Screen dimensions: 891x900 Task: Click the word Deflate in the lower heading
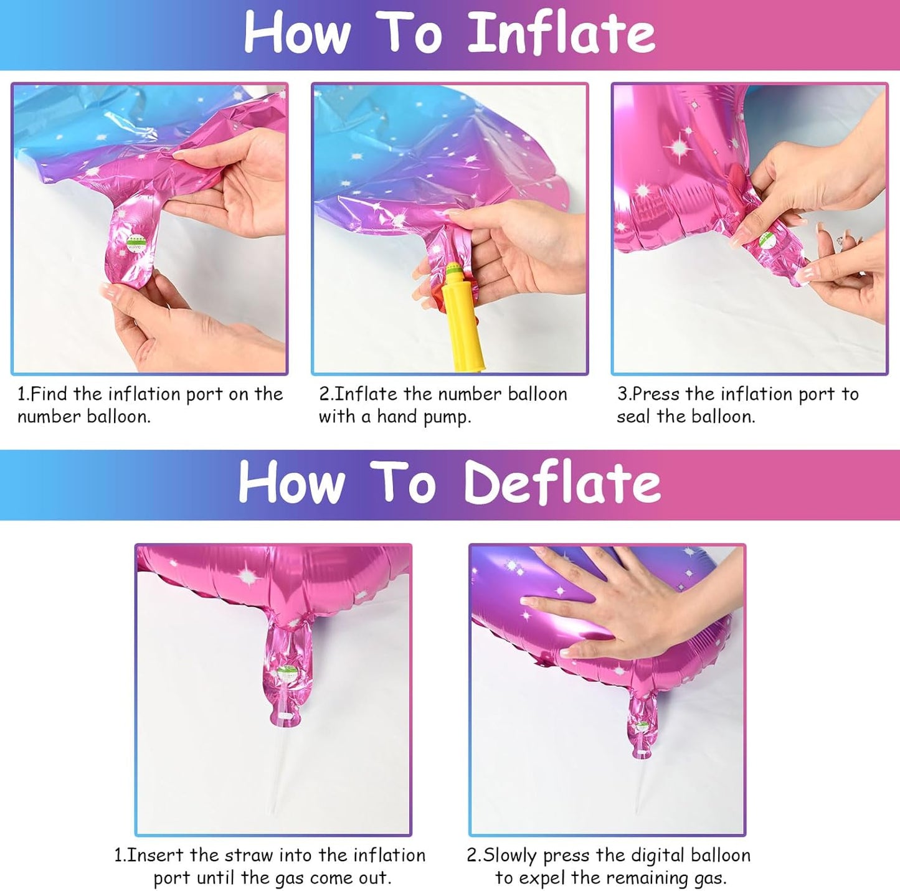coord(562,483)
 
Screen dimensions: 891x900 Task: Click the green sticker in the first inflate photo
coord(135,242)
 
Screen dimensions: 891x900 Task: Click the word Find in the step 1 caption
coord(49,394)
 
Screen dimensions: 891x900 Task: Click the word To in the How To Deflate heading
coord(408,483)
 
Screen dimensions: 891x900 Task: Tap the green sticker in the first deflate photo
coord(287,672)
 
